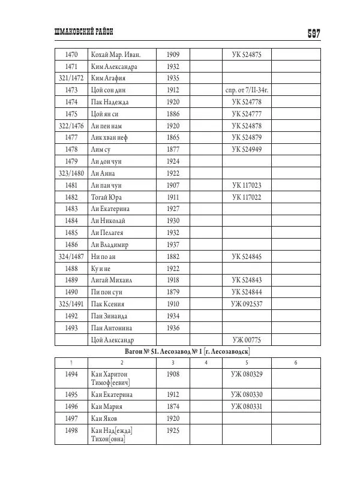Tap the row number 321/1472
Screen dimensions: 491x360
(71, 79)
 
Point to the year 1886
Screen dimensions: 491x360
(173, 114)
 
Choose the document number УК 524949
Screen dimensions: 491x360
(247, 150)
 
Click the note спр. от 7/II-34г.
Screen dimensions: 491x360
(247, 91)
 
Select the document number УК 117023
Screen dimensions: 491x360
(247, 185)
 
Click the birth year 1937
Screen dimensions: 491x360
(173, 245)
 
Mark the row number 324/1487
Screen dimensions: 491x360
(71, 257)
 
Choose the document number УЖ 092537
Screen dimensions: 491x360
(247, 304)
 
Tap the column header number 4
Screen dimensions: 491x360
(206, 363)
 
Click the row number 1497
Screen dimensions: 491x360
(71, 418)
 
